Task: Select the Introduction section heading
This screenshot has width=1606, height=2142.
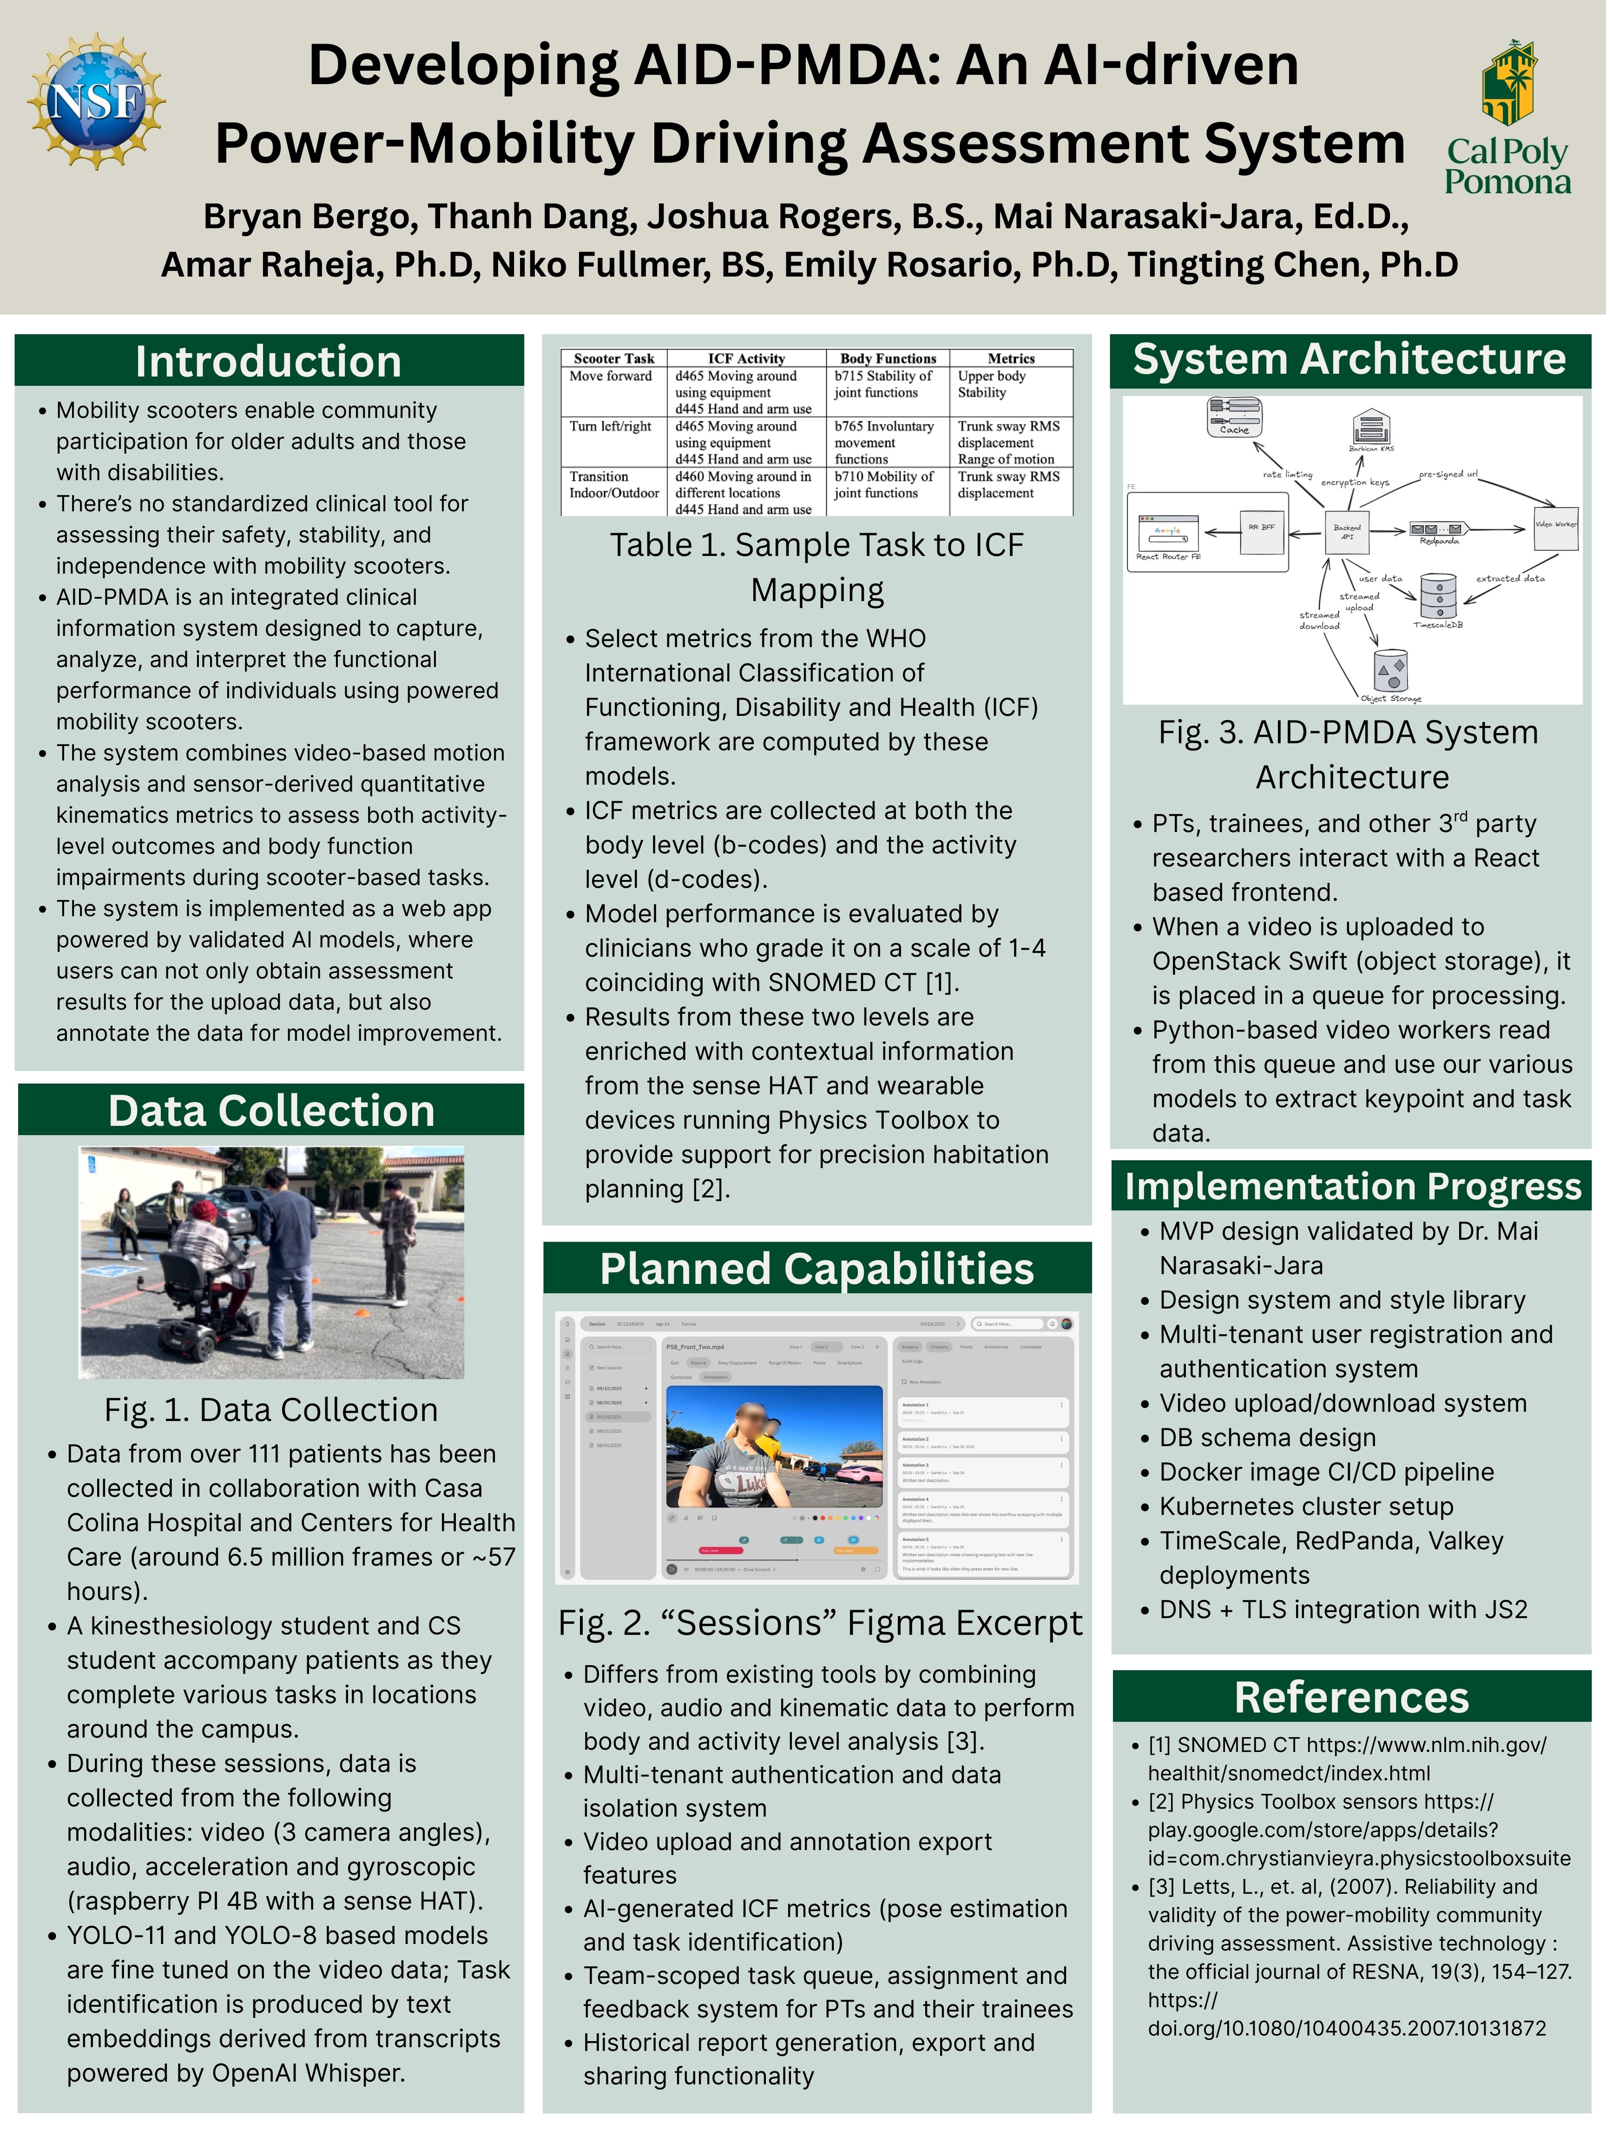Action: pyautogui.click(x=268, y=361)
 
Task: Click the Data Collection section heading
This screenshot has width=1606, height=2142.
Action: pyautogui.click(x=271, y=1111)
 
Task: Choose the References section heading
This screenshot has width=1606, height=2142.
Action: pyautogui.click(x=1351, y=1698)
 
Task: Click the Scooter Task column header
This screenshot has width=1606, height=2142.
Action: pyautogui.click(x=614, y=358)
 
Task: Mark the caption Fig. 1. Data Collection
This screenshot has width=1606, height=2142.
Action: pyautogui.click(x=271, y=1410)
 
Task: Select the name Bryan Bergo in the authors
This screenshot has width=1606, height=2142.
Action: pyautogui.click(x=310, y=217)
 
